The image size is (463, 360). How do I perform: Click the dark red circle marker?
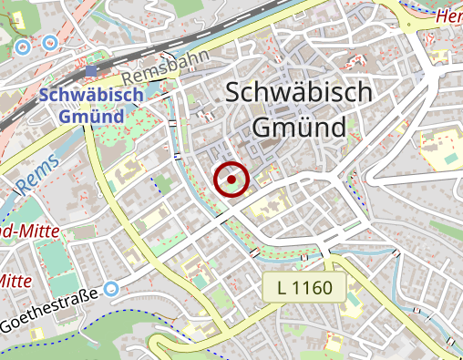(231, 179)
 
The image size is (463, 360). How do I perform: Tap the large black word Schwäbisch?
(297, 93)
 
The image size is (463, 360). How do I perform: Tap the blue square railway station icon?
(90, 70)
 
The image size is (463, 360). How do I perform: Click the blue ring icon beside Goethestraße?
(112, 289)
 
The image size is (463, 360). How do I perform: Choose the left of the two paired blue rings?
(24, 43)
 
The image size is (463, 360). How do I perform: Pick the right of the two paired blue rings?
(49, 42)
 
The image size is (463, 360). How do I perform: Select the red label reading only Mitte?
(15, 280)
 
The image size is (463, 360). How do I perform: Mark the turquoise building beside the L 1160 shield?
(355, 299)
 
